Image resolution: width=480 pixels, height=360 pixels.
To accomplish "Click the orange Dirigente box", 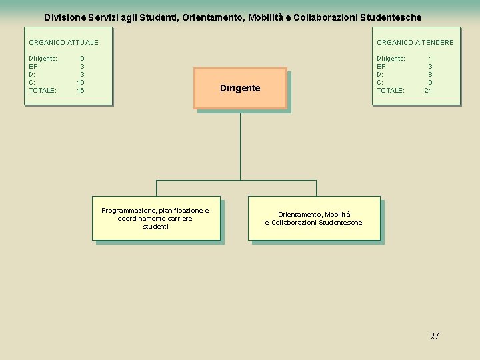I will (240, 88).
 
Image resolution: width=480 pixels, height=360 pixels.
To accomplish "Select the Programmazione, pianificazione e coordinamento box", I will (155, 219).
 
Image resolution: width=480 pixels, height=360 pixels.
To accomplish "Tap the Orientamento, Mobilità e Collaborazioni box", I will (314, 218).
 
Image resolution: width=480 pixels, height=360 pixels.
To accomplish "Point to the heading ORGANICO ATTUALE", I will (63, 43).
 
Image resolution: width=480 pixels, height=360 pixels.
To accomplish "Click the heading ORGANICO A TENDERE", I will (415, 43).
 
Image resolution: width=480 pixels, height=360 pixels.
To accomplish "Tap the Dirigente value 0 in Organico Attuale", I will (82, 59).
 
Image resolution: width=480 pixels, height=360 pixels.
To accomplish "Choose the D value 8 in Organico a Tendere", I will (430, 75).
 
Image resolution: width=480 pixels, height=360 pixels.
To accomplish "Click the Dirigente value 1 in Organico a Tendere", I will (430, 59).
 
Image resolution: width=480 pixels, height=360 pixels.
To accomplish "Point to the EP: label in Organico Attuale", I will (35, 67).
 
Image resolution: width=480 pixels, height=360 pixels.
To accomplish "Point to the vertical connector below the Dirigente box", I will (240, 143).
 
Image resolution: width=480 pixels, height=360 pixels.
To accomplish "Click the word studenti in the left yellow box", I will (155, 227).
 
